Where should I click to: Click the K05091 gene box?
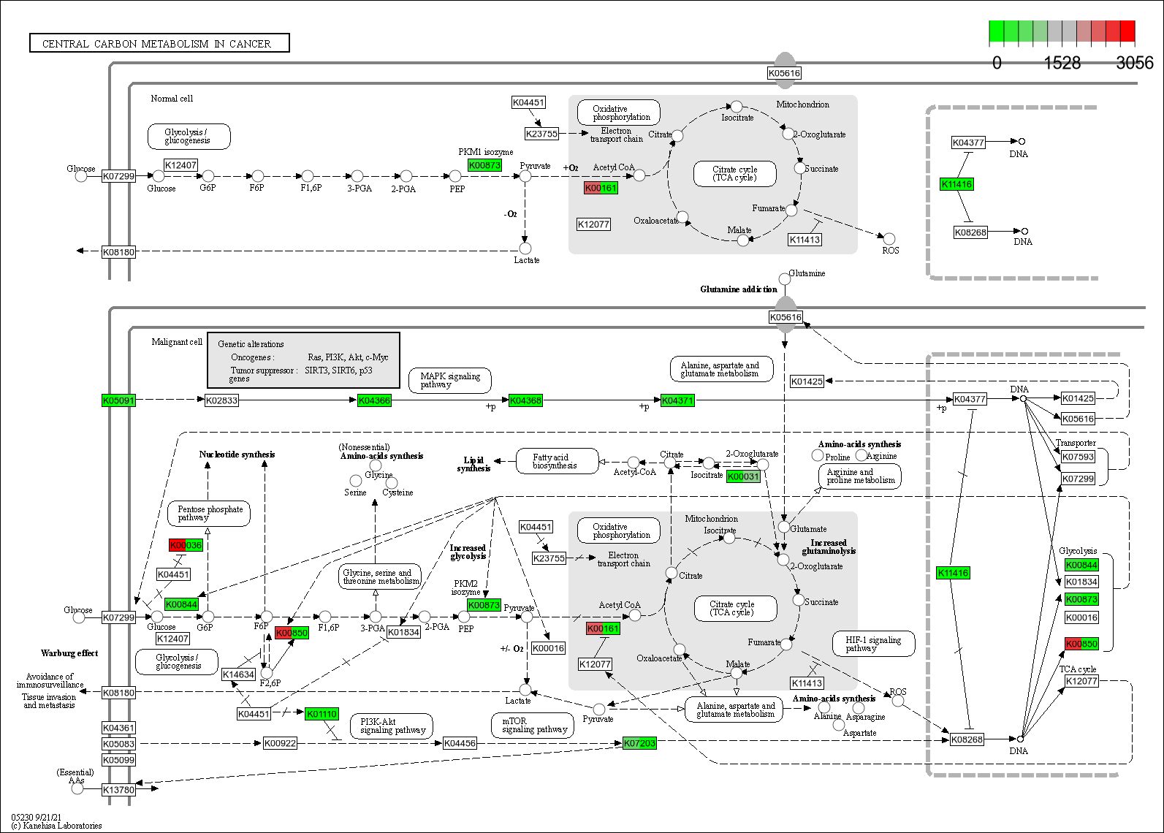(118, 400)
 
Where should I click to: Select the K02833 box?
(221, 400)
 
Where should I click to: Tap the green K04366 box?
(374, 400)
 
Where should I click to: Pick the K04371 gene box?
(677, 400)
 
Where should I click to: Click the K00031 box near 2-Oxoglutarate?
(743, 476)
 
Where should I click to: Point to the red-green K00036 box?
(186, 545)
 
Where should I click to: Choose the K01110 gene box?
(322, 714)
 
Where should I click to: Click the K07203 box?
(639, 743)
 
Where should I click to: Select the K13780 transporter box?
(118, 790)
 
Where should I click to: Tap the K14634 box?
(239, 674)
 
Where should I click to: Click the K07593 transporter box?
(1078, 457)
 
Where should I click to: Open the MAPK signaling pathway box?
(450, 380)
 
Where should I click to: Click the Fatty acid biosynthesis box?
(555, 461)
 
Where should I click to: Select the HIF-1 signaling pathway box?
(873, 644)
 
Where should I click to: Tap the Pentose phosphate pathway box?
(209, 513)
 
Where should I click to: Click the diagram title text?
(156, 44)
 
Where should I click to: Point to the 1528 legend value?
(1062, 63)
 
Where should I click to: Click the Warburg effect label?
(69, 653)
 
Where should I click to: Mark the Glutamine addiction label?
(739, 289)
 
